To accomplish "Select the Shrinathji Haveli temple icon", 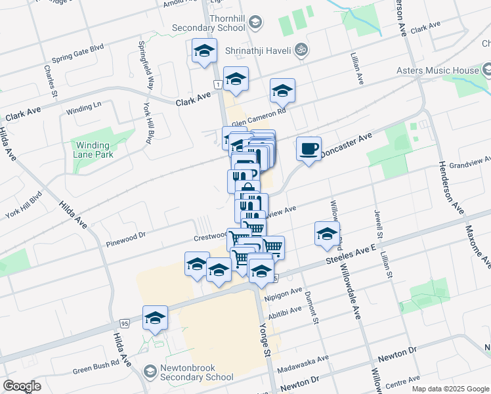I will (301, 49).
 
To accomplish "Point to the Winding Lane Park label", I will (94, 150).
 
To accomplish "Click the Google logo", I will (22, 385).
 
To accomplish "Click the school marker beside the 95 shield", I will (155, 318).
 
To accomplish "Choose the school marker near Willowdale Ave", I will (327, 234).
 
